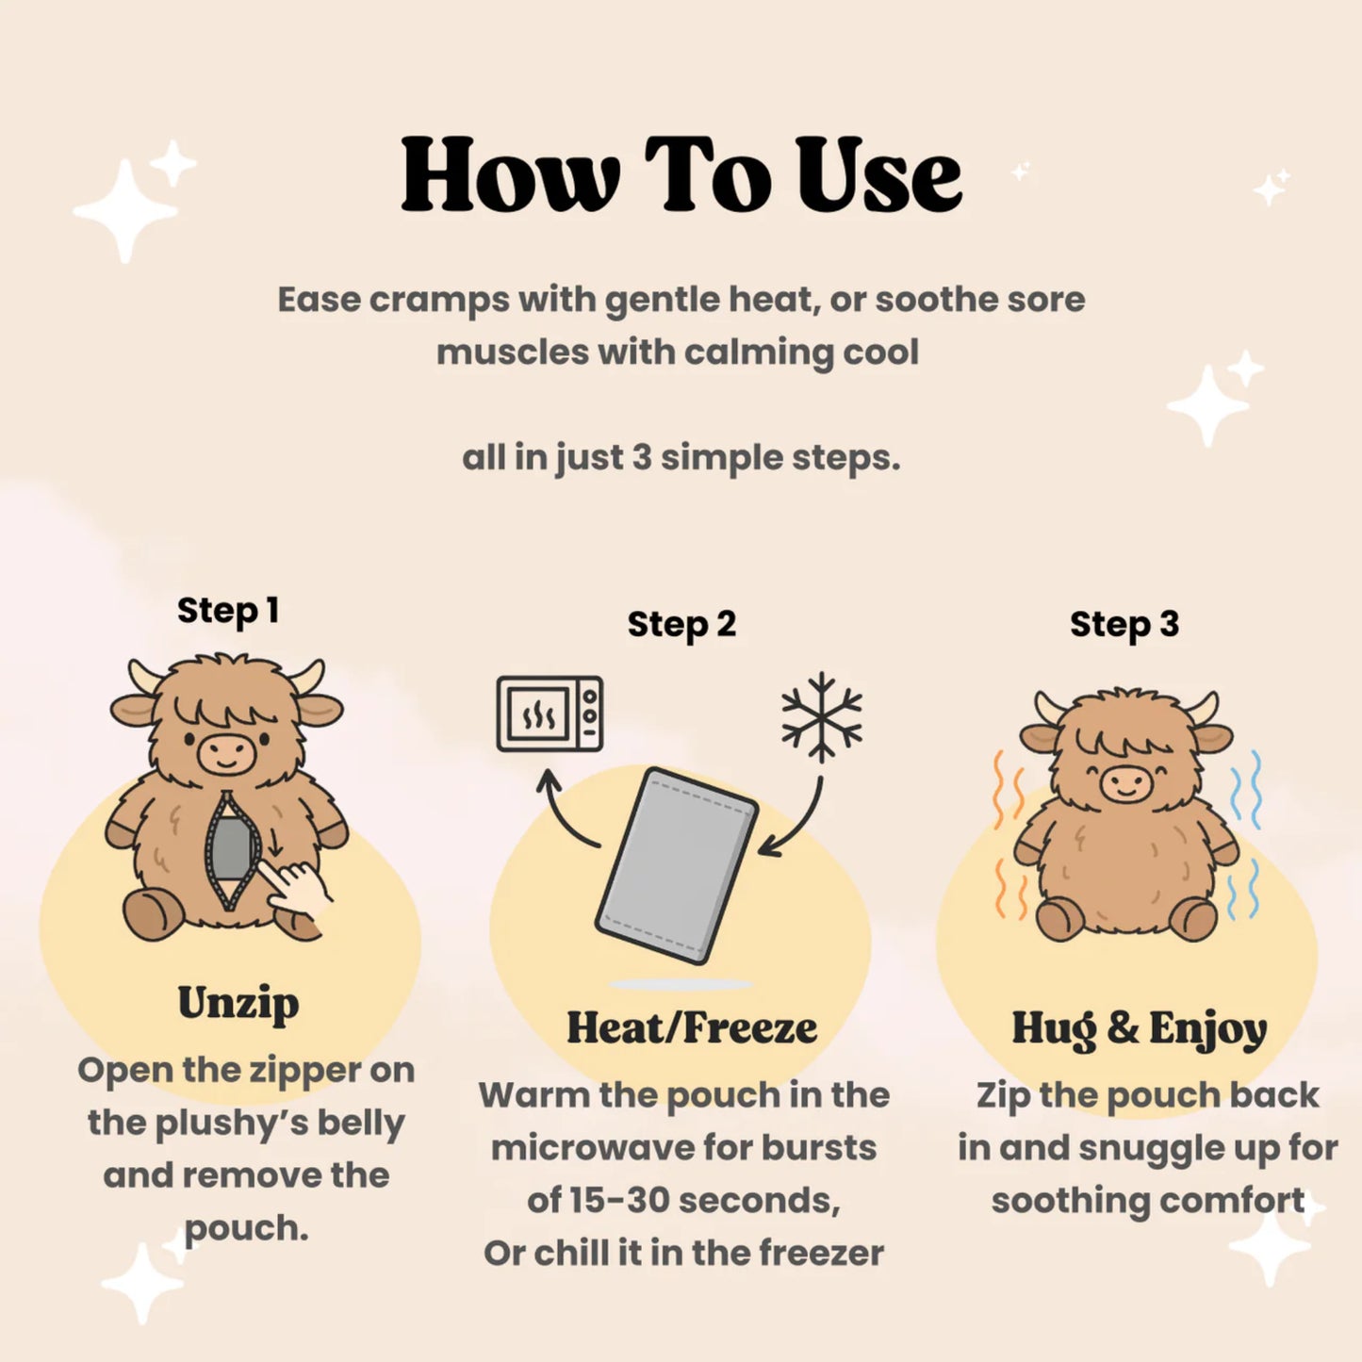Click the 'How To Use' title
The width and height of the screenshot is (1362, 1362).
[681, 174]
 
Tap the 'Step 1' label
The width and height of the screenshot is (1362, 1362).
[228, 611]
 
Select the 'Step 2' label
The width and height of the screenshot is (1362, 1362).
[681, 624]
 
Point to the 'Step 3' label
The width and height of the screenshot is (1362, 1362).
[1124, 624]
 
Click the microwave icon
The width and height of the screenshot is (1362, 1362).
[550, 714]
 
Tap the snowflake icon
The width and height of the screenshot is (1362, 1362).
[822, 717]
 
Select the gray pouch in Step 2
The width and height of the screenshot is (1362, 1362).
[677, 865]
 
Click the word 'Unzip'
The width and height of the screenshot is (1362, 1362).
[238, 1003]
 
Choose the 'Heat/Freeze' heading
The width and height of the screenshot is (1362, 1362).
[691, 1028]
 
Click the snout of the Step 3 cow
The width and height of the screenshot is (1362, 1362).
[1127, 784]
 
